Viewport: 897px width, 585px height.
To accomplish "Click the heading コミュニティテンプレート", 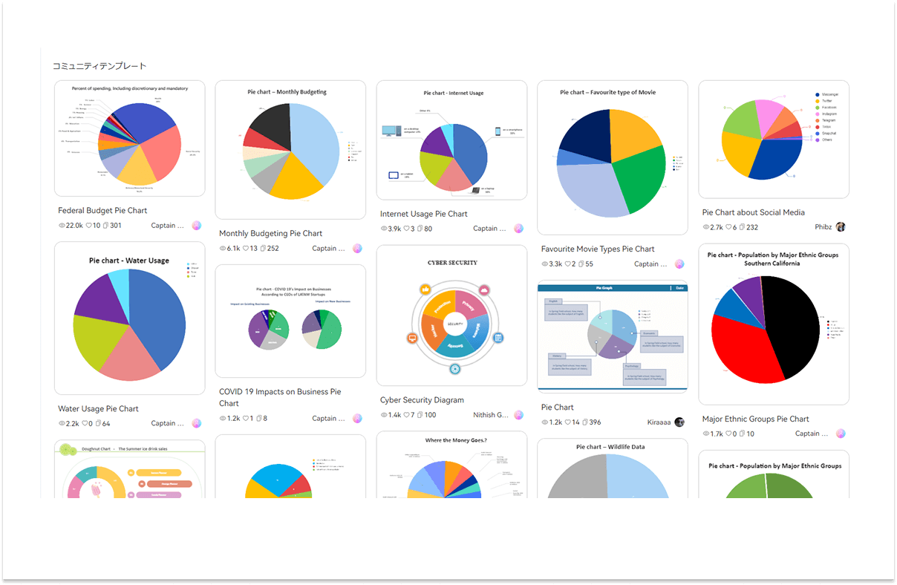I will point(100,66).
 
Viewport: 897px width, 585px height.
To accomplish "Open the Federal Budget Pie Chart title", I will point(102,211).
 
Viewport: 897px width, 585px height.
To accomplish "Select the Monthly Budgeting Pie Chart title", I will point(270,234).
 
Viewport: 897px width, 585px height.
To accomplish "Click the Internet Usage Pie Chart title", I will point(423,214).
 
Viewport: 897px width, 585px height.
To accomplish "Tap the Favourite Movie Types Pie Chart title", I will point(598,249).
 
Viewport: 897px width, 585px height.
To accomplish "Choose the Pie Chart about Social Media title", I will point(753,212).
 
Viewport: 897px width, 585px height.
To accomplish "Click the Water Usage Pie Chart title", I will point(98,409).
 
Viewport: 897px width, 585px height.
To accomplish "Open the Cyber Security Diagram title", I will point(422,400).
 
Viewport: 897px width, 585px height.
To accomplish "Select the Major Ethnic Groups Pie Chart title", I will point(755,419).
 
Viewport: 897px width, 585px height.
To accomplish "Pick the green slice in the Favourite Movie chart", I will point(639,174).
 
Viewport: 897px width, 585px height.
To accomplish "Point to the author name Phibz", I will point(823,227).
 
